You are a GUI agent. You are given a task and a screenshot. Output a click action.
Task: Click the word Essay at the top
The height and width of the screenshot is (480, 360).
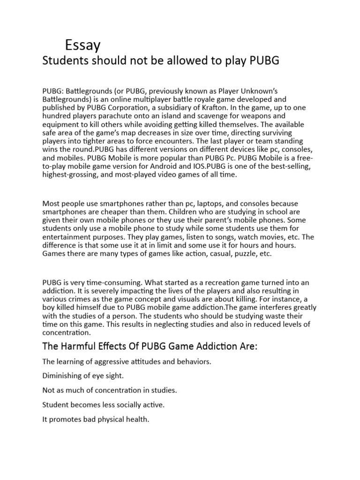point(82,45)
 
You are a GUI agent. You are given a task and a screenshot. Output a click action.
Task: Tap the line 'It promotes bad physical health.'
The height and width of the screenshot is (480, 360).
point(96,419)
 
